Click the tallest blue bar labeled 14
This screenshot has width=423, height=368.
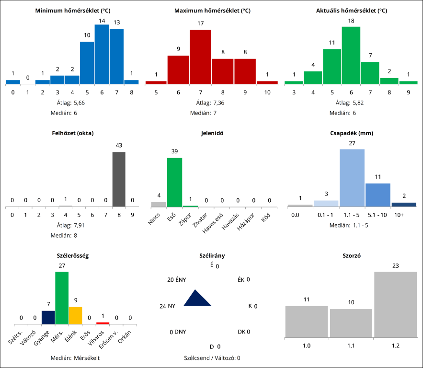(x=102, y=54)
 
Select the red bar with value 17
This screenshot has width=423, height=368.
(x=200, y=57)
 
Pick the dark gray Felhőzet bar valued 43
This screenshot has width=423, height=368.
(x=119, y=179)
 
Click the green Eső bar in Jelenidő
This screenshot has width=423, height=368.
(x=174, y=182)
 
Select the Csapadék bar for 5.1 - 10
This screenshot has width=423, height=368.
(x=377, y=195)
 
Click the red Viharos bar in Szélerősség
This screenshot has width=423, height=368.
(x=103, y=323)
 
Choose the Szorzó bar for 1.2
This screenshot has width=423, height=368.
(x=395, y=304)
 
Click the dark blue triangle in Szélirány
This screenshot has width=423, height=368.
(x=197, y=299)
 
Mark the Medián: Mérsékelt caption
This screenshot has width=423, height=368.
(x=75, y=357)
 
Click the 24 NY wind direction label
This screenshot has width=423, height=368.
(x=167, y=306)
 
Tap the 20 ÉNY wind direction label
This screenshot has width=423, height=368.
(x=176, y=280)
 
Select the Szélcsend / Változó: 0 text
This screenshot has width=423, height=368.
(x=212, y=357)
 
